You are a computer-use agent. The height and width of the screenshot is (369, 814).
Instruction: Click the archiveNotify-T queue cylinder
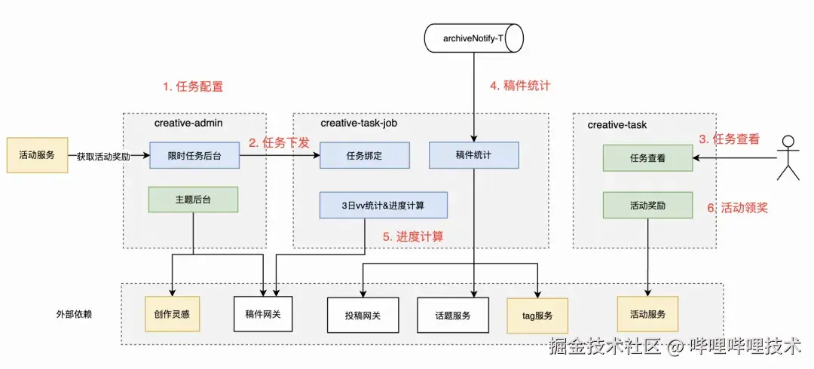click(473, 38)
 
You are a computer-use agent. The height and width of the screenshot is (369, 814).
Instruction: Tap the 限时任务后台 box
click(194, 155)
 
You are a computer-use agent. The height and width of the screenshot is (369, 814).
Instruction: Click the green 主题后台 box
click(194, 200)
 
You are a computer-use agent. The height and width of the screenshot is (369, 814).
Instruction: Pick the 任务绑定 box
click(365, 155)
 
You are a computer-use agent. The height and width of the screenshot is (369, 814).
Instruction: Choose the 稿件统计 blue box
click(473, 155)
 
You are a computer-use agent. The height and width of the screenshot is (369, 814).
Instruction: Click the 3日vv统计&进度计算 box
click(384, 205)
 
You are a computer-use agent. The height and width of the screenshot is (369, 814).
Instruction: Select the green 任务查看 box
click(647, 158)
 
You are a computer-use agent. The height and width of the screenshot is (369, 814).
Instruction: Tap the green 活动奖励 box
click(647, 205)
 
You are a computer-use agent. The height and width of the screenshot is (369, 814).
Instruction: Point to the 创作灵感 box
click(173, 314)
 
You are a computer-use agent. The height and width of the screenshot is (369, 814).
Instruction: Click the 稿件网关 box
click(263, 315)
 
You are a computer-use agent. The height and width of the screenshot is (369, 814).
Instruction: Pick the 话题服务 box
click(454, 316)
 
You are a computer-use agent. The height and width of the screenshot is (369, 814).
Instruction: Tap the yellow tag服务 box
click(537, 316)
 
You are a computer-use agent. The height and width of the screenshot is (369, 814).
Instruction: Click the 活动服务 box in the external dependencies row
click(647, 314)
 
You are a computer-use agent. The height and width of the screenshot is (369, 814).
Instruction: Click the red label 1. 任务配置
click(193, 86)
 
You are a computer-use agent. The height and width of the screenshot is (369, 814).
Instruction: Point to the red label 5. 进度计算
click(412, 236)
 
